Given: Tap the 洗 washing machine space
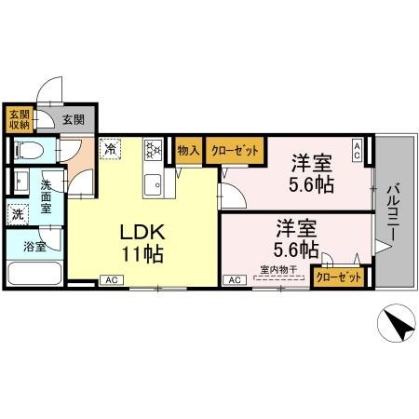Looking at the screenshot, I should click(x=19, y=213).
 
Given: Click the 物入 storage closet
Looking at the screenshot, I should click(x=189, y=149).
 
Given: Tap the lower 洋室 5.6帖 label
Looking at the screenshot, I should click(x=296, y=238).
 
